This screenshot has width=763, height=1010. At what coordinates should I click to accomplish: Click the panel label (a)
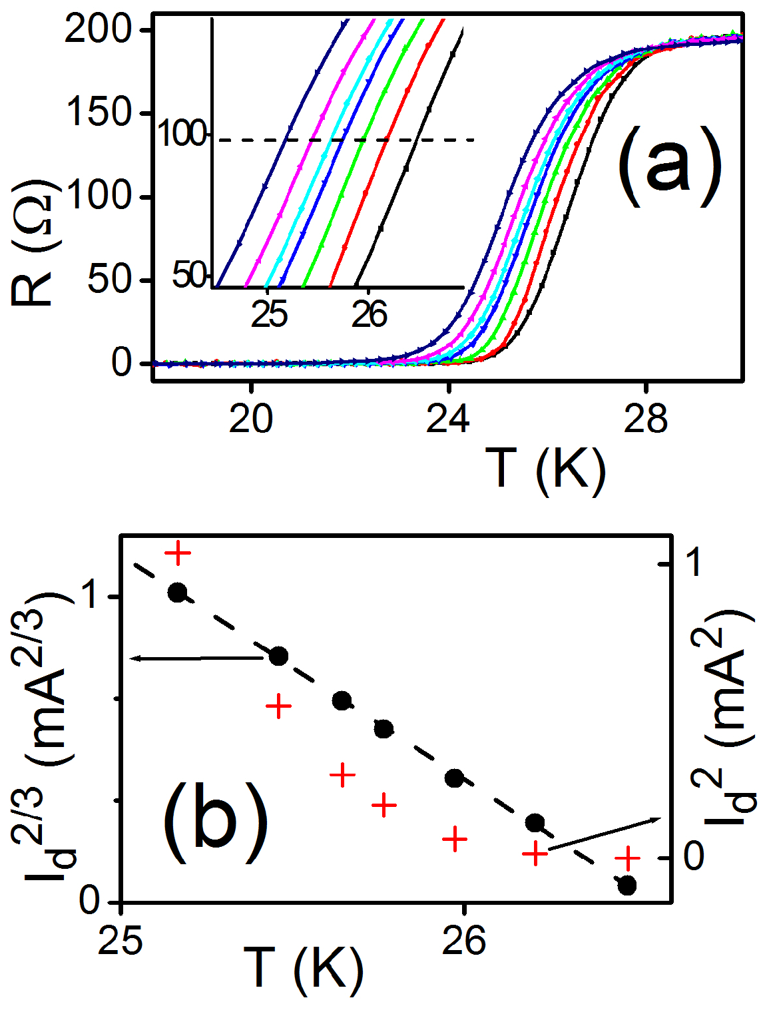point(669,164)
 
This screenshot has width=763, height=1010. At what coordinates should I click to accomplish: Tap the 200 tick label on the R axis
point(98,31)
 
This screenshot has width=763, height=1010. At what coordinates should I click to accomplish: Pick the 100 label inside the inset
point(182,135)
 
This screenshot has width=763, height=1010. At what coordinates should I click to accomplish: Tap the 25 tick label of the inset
point(270,314)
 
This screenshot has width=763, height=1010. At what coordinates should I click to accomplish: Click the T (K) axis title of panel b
point(303,967)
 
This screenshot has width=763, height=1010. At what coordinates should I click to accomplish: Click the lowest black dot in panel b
point(627,885)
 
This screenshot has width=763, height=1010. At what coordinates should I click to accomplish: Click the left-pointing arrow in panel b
point(196,658)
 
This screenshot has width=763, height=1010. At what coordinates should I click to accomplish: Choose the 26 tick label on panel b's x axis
point(463,941)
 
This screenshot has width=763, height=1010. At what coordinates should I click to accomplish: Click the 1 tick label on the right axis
point(693,563)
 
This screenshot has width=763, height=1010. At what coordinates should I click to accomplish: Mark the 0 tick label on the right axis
point(693,857)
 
